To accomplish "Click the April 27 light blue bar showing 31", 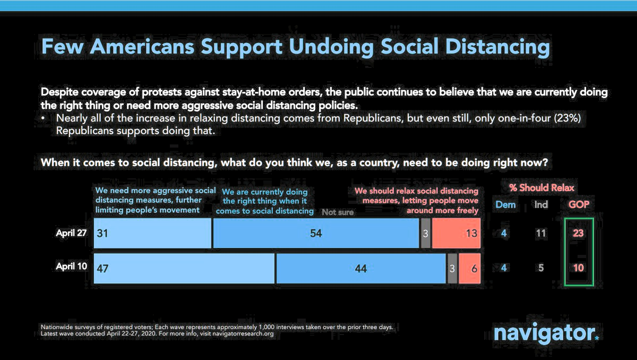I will (152, 234).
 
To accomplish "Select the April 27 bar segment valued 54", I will (316, 234).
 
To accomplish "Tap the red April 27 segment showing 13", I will (456, 234).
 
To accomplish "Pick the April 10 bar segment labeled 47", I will (184, 268).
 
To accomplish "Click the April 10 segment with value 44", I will (360, 268).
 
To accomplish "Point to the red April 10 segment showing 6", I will (469, 268).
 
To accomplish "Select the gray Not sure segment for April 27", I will (425, 234).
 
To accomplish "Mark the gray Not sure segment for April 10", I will (452, 268).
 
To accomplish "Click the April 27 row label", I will (71, 234).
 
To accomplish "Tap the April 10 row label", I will (71, 268).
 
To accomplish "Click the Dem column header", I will (505, 204).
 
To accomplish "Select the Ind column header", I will (541, 204).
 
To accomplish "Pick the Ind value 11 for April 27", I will (541, 234).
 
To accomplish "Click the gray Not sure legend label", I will (337, 212).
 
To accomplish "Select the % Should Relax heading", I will (541, 188).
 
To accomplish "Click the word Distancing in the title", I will (495, 47).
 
